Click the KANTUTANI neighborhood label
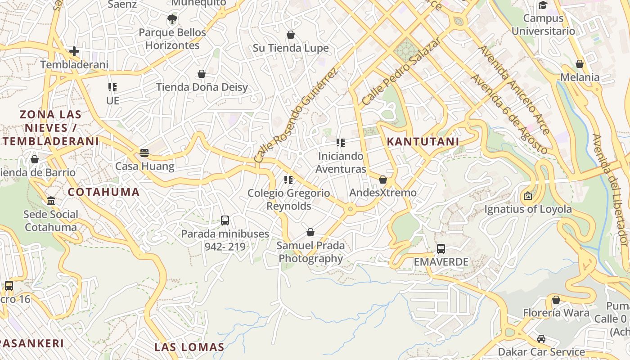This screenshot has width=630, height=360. point(423,141)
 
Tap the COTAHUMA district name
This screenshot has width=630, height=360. point(103,192)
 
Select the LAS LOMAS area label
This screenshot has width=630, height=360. point(189,347)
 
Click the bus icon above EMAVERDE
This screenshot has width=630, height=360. point(441,249)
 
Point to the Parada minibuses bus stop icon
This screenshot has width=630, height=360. point(225,220)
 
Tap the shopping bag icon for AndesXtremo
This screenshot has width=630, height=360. point(383,180)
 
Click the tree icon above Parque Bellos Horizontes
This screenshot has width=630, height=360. point(172,19)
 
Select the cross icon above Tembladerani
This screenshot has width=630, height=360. point(74,51)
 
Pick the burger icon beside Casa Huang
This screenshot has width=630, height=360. point(144,153)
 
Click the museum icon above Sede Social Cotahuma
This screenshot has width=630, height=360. point(51,201)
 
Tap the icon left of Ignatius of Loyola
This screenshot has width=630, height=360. point(528,196)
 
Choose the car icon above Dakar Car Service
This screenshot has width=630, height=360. point(541,339)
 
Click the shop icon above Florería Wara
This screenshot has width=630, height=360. point(556,300)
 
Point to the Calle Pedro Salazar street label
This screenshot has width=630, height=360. point(401,71)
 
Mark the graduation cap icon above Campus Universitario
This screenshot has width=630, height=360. point(543,5)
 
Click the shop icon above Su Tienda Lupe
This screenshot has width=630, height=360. point(291,35)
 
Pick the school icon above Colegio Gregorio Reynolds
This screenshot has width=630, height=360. point(288,180)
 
